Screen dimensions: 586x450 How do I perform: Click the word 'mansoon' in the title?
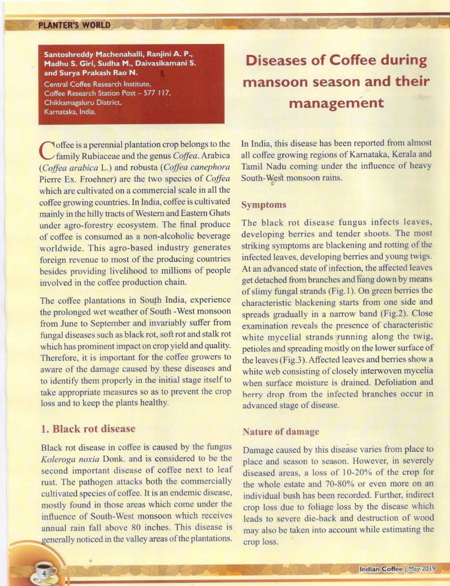(x=278, y=82)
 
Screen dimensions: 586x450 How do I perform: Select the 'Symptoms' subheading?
(x=263, y=204)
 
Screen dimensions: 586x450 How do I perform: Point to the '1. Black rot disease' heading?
(x=88, y=428)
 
